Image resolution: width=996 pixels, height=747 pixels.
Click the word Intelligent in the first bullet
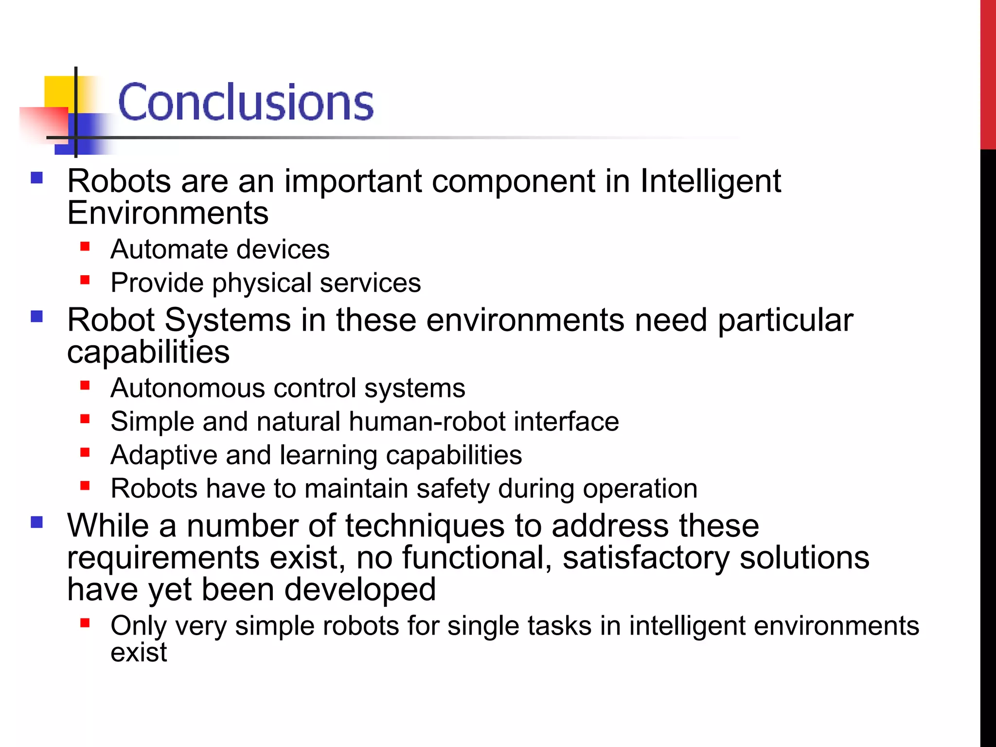pyautogui.click(x=710, y=181)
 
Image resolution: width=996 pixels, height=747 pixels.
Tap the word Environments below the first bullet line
pyautogui.click(x=168, y=213)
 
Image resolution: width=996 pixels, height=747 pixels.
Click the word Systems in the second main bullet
pyautogui.click(x=228, y=320)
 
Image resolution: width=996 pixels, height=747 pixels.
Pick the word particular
pyautogui.click(x=785, y=320)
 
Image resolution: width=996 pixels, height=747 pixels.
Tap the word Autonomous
pyautogui.click(x=187, y=388)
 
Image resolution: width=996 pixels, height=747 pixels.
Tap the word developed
pyautogui.click(x=359, y=590)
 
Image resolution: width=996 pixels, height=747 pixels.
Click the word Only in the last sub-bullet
pyautogui.click(x=138, y=626)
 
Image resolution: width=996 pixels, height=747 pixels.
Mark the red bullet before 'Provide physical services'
pyautogui.click(x=85, y=280)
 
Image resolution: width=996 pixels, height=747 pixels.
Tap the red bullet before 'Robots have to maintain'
pyautogui.click(x=85, y=485)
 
